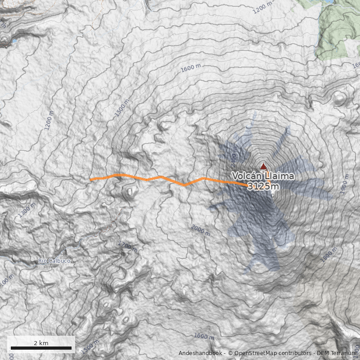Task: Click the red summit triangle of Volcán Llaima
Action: (263, 166)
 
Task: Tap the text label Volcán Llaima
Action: (263, 176)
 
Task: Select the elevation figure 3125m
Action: (263, 186)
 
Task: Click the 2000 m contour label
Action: (201, 230)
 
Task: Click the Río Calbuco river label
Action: (54, 261)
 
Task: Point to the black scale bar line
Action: (41, 348)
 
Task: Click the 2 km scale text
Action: (41, 343)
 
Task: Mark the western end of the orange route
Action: (91, 180)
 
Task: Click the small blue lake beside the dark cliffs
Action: (14, 41)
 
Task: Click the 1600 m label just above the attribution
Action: (204, 336)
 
